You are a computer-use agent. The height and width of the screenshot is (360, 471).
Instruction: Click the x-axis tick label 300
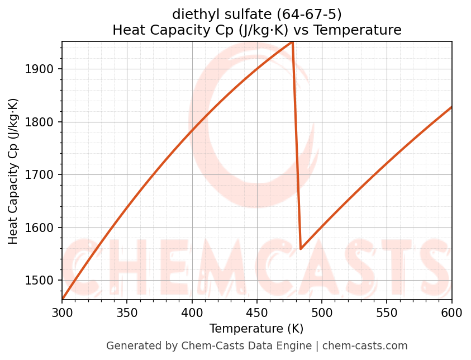(x=62, y=312)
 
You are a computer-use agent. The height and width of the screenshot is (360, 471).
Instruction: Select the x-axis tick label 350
(x=127, y=312)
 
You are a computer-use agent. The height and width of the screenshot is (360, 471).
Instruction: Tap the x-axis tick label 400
(x=192, y=312)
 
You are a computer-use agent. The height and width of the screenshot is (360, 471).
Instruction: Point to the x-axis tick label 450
(x=257, y=312)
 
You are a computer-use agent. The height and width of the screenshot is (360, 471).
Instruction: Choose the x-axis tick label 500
(x=322, y=312)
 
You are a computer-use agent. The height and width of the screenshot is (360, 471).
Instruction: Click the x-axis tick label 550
(x=387, y=312)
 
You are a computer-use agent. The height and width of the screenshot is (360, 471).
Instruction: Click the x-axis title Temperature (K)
(x=256, y=328)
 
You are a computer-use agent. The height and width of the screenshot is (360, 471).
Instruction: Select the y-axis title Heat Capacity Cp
(x=13, y=171)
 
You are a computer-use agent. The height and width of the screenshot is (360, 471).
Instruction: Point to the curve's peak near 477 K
(x=292, y=42)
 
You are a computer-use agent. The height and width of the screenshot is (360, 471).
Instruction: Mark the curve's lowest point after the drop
(x=301, y=249)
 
